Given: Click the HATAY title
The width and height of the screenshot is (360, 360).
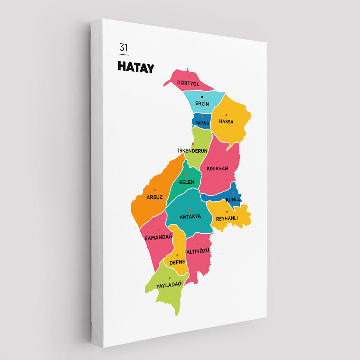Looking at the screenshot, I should (136, 67).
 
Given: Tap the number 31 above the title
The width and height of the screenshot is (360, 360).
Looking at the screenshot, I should (123, 48).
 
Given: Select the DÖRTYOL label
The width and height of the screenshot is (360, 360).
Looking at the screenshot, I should (188, 84).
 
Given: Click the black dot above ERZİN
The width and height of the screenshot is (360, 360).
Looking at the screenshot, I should (202, 97).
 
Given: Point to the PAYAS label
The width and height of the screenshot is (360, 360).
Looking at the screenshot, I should (202, 123).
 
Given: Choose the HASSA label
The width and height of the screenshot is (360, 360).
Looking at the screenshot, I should (226, 122).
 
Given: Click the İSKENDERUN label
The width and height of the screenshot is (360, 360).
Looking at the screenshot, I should (193, 151).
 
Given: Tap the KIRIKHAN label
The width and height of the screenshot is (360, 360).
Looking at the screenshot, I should (217, 168).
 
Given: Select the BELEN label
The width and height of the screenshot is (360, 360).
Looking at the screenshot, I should (186, 182).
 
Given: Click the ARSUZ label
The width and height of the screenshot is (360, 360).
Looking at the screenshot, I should (154, 197).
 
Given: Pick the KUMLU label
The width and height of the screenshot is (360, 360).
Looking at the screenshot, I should (233, 200).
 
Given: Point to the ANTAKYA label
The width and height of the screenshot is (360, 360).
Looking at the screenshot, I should (190, 217).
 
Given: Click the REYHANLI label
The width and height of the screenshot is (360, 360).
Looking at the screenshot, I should (227, 218).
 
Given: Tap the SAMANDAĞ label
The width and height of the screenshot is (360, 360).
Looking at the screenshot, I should (158, 237).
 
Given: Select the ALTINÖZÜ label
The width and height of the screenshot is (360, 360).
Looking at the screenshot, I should (198, 251).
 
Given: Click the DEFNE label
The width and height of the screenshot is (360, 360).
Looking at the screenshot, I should (177, 262).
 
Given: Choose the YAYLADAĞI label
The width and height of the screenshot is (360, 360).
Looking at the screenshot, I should (169, 285).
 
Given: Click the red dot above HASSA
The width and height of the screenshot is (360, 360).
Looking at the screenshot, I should (226, 115).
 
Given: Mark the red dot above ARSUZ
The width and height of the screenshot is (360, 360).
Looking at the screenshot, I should (154, 190).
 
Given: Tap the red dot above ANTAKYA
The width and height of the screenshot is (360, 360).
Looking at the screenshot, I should (190, 210).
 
